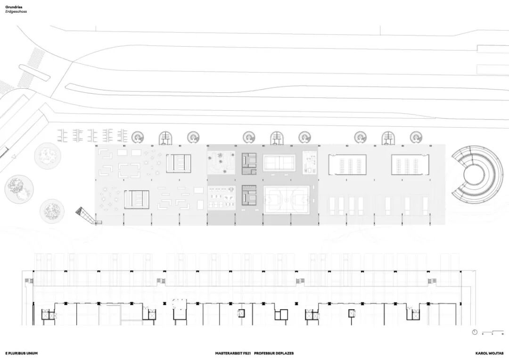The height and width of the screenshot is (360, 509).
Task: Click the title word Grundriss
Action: tap(14, 7)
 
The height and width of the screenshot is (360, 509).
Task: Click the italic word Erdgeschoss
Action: tap(16, 11)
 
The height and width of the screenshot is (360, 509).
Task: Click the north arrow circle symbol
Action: tap(475, 332)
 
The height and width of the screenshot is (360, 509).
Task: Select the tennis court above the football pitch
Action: tap(279, 163)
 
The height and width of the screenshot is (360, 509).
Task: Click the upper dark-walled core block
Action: tap(249, 163)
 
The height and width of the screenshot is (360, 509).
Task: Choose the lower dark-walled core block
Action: tap(249, 195)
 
